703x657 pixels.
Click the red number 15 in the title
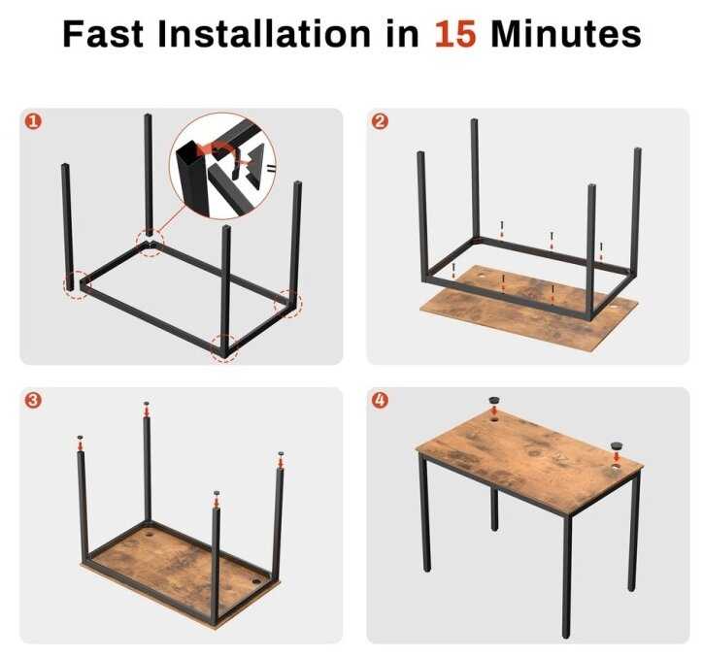[x=454, y=34]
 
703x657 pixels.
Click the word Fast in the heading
[x=103, y=34]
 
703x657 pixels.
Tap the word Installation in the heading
[x=264, y=34]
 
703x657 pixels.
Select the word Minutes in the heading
[x=566, y=34]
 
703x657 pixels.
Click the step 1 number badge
[x=33, y=121]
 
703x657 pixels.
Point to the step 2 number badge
[x=380, y=121]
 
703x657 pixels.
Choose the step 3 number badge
[x=33, y=400]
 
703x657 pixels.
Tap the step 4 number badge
[x=380, y=400]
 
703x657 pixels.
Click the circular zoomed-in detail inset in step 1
[x=222, y=166]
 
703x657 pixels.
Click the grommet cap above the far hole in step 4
[x=494, y=400]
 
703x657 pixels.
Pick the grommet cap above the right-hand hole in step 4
[x=617, y=445]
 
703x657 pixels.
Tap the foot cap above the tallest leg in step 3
[x=147, y=404]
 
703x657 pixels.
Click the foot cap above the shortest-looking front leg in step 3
[x=217, y=493]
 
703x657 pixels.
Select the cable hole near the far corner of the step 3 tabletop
[x=149, y=535]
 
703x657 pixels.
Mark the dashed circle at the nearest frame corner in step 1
[x=224, y=347]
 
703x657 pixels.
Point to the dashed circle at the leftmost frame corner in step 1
[x=76, y=285]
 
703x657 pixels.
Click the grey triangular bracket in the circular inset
[x=255, y=164]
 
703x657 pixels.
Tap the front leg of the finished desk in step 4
[x=567, y=576]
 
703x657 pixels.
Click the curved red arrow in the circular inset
[x=216, y=148]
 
